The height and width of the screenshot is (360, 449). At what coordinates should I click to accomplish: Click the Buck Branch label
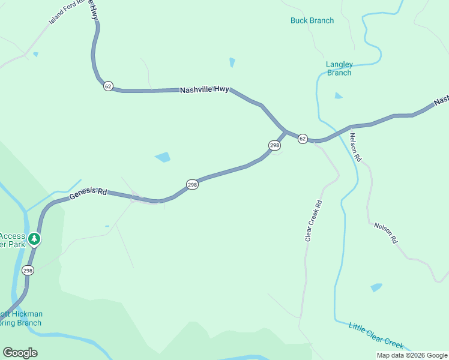click(x=312, y=20)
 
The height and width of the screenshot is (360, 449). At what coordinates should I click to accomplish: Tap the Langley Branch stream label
click(x=339, y=68)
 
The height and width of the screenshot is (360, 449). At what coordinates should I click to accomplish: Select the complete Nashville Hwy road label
click(x=204, y=90)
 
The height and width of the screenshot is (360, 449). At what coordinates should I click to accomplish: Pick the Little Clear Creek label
click(x=376, y=335)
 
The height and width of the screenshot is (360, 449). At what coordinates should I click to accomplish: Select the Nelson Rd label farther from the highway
click(x=385, y=233)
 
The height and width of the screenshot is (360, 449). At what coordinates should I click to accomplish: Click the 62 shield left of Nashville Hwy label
click(x=108, y=86)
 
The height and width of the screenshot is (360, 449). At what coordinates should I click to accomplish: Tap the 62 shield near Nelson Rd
click(x=303, y=139)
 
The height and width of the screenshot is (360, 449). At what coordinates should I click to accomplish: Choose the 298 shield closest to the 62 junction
click(x=274, y=145)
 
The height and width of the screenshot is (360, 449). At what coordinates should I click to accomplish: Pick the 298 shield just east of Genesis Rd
click(x=191, y=185)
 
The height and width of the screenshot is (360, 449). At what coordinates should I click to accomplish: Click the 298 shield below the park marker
click(x=28, y=271)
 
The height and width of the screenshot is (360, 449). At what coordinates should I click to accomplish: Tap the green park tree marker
click(x=34, y=239)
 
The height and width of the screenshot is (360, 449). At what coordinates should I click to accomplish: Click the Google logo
click(x=20, y=353)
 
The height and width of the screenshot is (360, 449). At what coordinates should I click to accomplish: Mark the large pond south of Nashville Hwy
click(x=163, y=157)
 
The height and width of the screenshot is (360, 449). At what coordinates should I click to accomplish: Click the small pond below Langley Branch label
click(x=339, y=95)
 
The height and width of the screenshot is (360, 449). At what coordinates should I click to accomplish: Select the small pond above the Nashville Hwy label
click(x=232, y=62)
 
